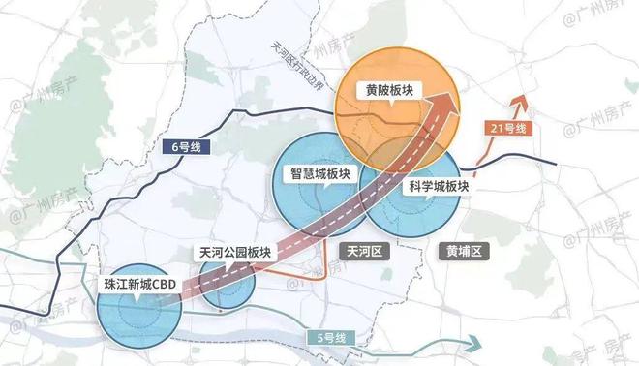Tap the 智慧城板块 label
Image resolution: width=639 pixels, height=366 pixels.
coord(322,175)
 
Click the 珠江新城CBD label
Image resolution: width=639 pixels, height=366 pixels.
coord(141,285)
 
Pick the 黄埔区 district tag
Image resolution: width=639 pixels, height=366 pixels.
coord(465,250)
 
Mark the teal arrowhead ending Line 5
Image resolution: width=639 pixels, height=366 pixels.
coord(477,341)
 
